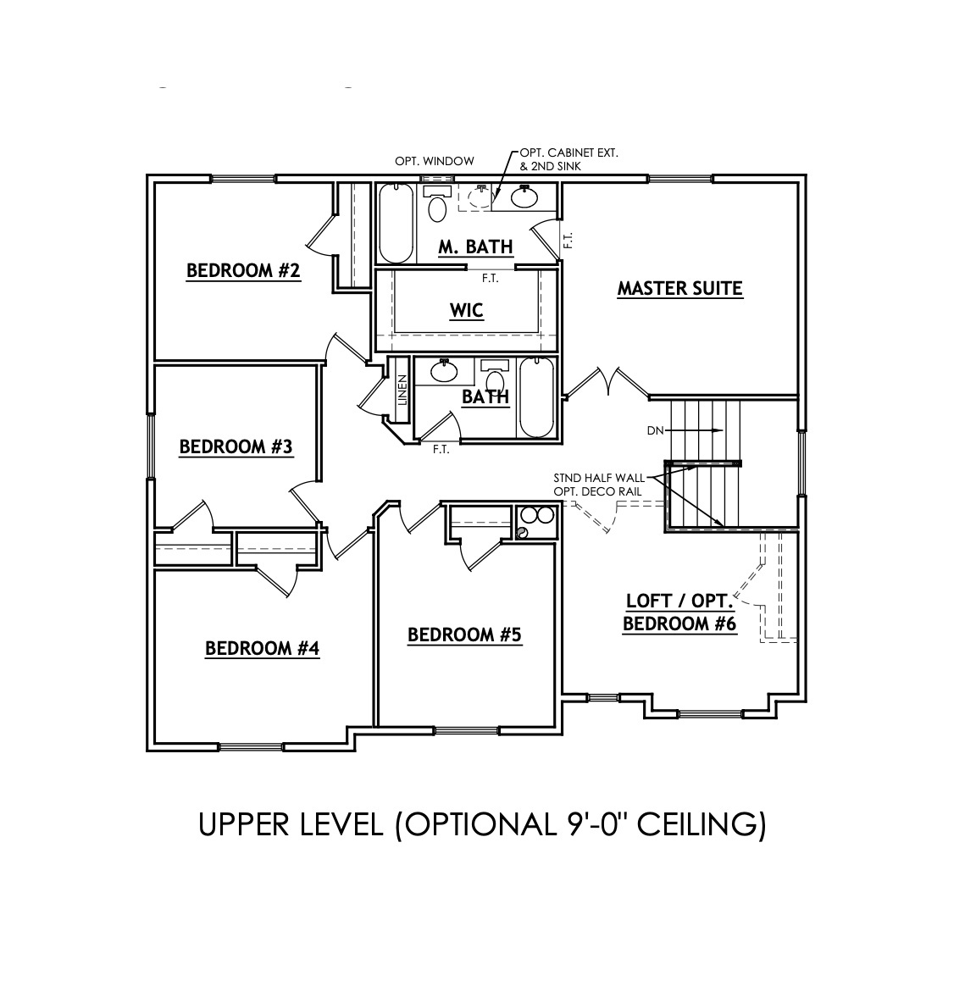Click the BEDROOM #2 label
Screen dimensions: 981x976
point(243,271)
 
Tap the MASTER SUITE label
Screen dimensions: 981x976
point(679,288)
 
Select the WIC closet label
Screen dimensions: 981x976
point(466,310)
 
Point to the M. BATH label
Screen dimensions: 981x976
point(475,247)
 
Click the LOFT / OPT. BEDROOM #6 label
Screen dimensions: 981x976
point(679,612)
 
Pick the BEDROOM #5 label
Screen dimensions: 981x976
point(464,635)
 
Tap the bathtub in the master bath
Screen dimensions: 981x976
point(395,224)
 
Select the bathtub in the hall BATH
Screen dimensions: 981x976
point(536,398)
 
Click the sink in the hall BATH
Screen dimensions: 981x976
point(443,370)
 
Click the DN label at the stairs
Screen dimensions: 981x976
point(655,430)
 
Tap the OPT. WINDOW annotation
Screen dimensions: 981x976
point(435,161)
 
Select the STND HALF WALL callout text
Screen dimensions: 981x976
point(599,478)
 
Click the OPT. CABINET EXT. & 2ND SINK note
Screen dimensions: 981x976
point(568,159)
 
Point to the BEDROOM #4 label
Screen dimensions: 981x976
point(263,648)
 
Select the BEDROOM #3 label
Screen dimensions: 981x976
point(236,446)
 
